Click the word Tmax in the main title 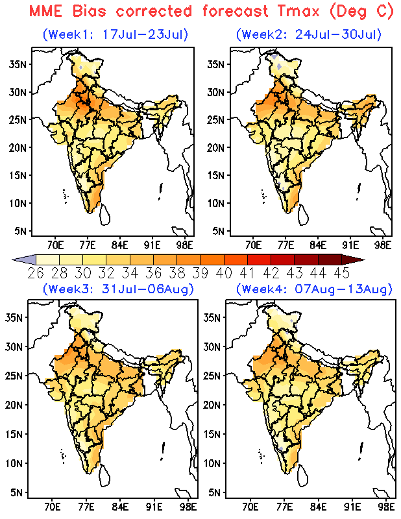(x=298, y=11)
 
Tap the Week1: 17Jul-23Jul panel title (x=115, y=34)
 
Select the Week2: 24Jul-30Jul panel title (x=309, y=34)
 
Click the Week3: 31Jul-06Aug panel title (x=118, y=289)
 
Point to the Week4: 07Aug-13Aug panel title (x=314, y=289)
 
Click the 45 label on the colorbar (x=341, y=273)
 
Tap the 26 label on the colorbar (x=36, y=273)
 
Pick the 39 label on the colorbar (x=200, y=273)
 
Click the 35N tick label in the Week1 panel (x=18, y=64)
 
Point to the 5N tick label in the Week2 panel (x=219, y=231)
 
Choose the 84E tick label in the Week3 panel (x=120, y=507)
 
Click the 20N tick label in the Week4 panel (x=212, y=405)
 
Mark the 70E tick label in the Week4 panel (x=250, y=507)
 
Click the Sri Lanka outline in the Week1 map (x=105, y=215)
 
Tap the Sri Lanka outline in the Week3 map (x=104, y=476)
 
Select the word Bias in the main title (x=90, y=11)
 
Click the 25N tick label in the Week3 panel (x=14, y=376)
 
